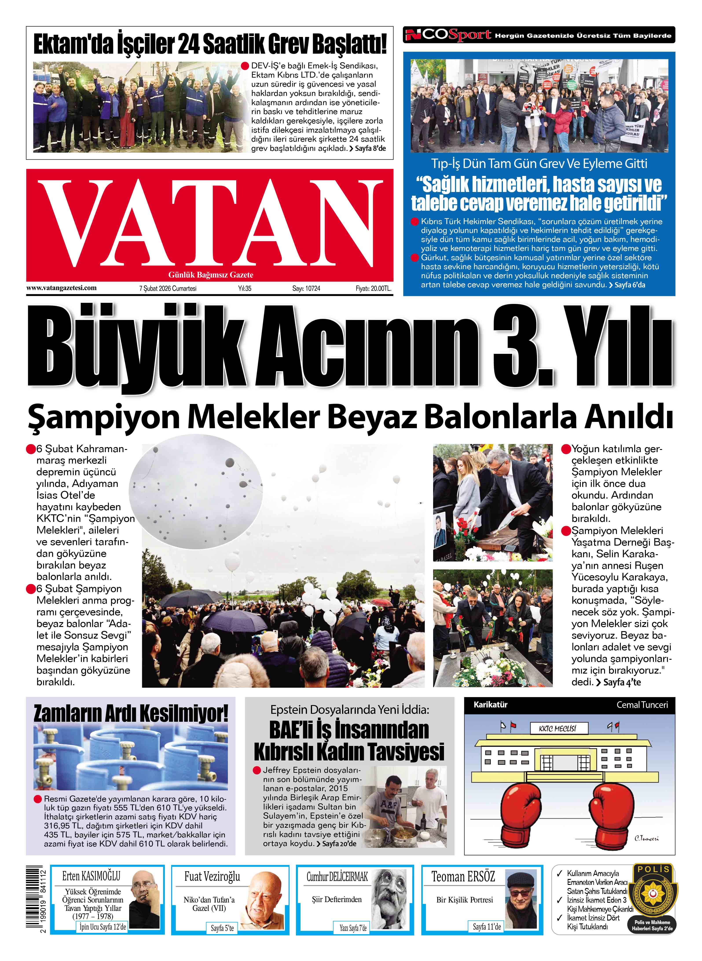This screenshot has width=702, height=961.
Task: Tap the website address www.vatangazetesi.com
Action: click(x=62, y=288)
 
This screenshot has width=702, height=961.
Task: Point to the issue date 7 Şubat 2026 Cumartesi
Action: click(x=168, y=288)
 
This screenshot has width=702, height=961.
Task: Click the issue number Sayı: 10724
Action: click(x=306, y=288)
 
